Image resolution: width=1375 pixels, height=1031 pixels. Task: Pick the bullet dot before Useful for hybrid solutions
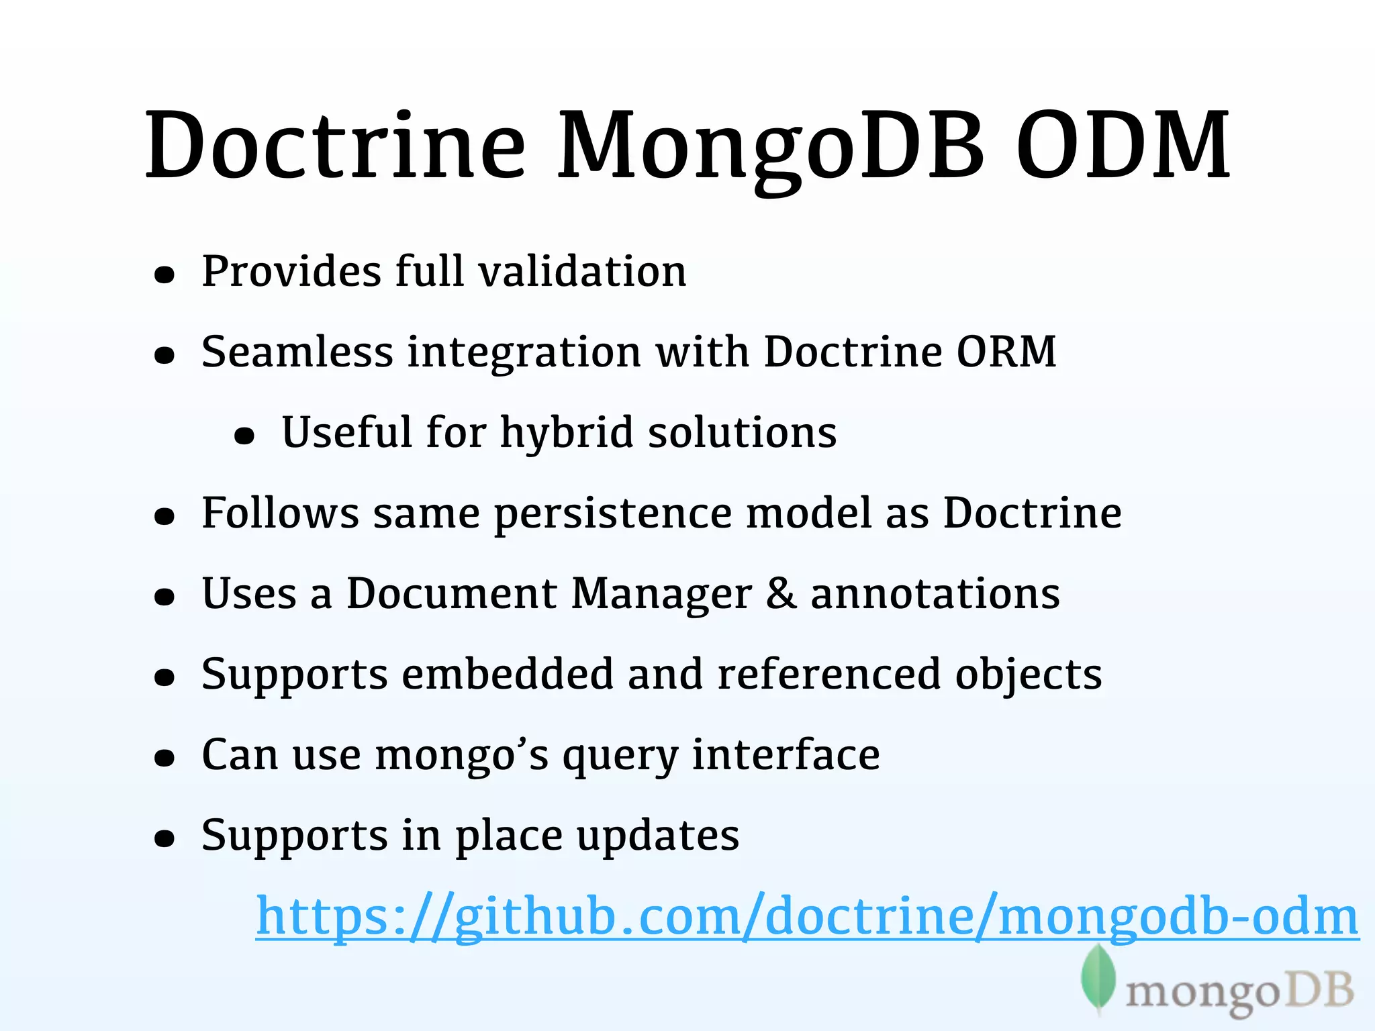point(244,436)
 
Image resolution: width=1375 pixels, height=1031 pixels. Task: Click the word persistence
point(613,513)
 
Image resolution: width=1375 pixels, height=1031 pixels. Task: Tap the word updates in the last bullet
point(658,836)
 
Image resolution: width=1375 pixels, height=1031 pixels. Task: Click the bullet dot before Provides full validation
point(164,275)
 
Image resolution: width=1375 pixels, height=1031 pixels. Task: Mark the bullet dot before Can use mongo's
point(164,758)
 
